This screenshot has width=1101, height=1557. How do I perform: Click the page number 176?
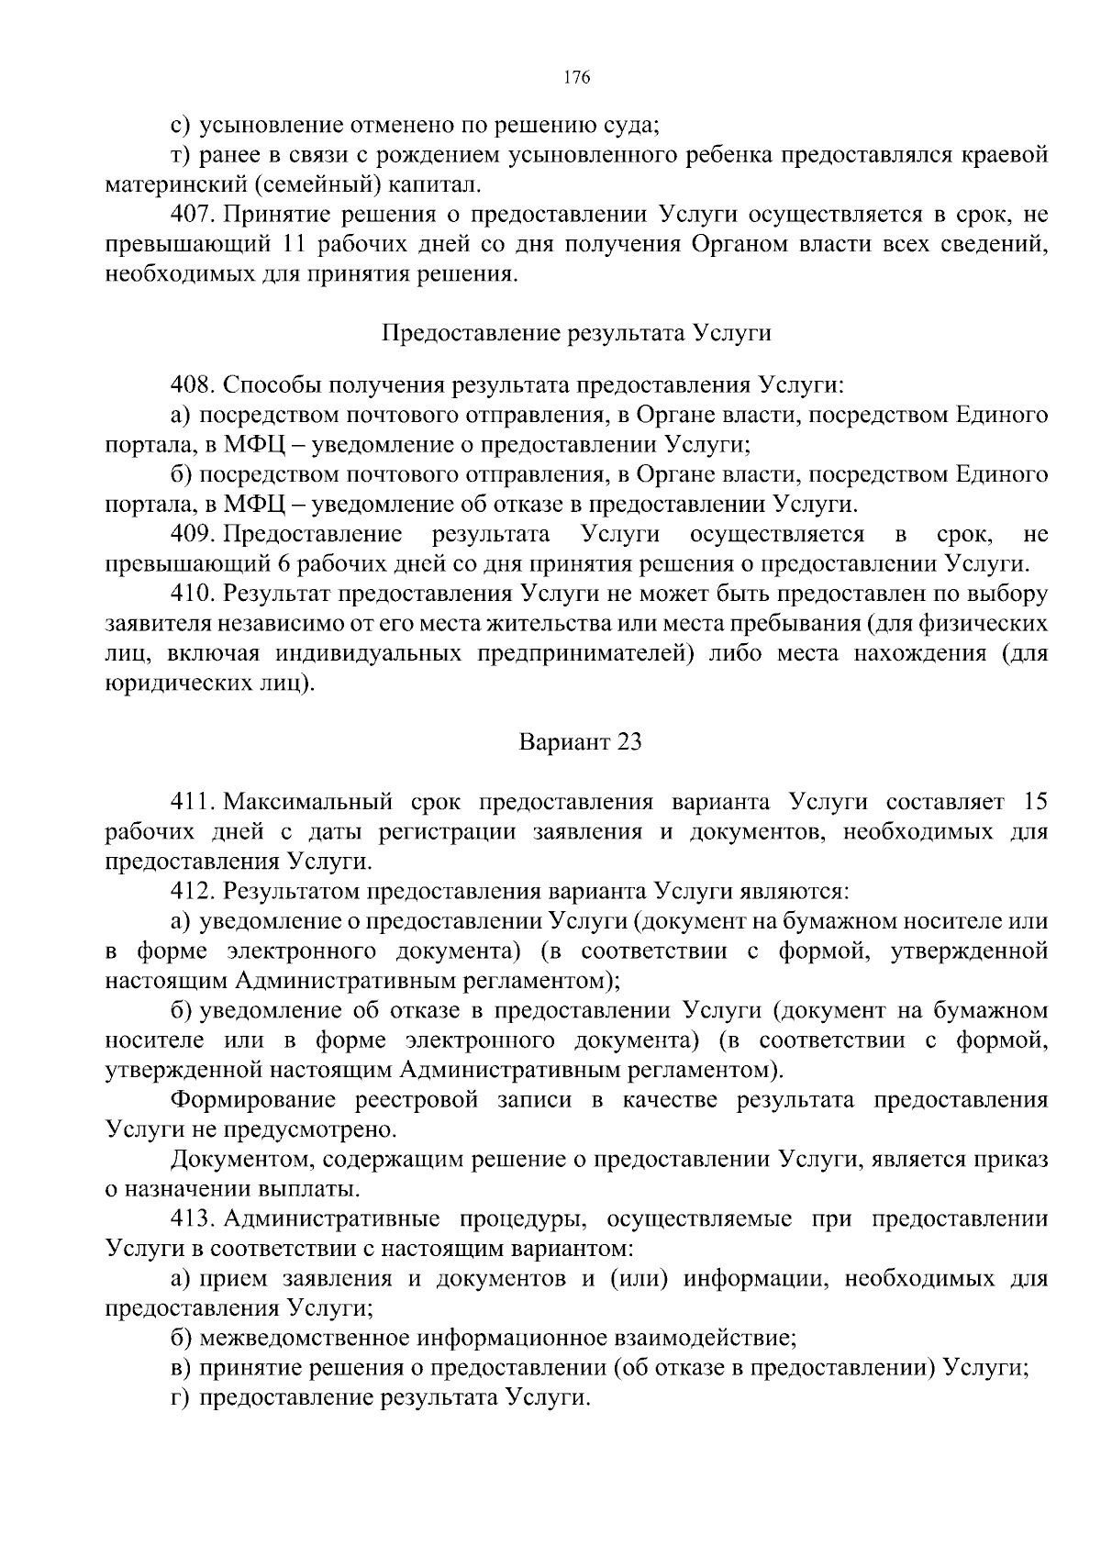tap(576, 77)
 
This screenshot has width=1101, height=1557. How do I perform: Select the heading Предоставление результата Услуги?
tap(576, 333)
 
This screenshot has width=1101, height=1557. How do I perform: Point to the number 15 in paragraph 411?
tap(1034, 801)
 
